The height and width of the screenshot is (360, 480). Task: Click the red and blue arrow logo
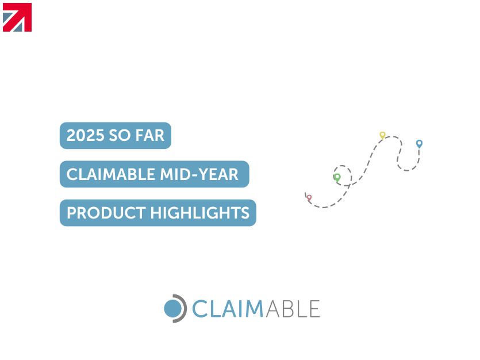tap(17, 17)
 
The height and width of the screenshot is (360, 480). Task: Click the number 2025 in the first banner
tap(85, 135)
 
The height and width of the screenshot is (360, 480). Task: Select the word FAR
tap(149, 135)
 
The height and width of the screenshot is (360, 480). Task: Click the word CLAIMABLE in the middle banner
tap(111, 174)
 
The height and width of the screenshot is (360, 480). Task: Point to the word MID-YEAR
tap(199, 174)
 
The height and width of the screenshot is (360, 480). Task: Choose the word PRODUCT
tap(106, 213)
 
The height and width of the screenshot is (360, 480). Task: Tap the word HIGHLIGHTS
tap(200, 213)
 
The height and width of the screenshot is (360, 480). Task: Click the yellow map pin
tap(382, 135)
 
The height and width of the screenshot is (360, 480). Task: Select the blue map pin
tap(420, 144)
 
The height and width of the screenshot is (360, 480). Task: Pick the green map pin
tap(337, 178)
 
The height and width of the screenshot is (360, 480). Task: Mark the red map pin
tap(309, 198)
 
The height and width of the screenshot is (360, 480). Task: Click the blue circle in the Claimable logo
tap(173, 309)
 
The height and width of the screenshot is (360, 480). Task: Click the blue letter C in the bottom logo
tap(199, 309)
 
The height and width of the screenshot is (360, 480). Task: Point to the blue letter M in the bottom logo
tap(255, 309)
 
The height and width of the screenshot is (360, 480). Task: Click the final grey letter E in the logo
tap(315, 309)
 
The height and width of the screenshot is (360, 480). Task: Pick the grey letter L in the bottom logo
tap(302, 309)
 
